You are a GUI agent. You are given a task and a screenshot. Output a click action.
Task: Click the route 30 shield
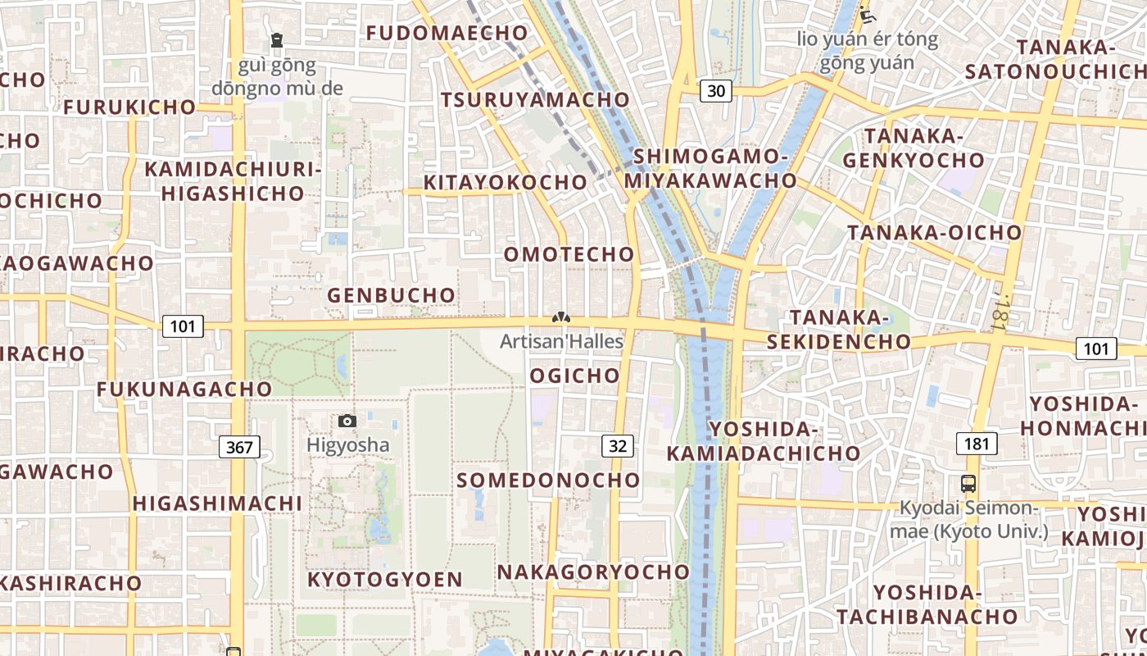(716, 91)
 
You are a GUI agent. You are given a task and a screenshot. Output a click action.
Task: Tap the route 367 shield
(239, 447)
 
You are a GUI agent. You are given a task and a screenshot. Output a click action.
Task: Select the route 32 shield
(618, 446)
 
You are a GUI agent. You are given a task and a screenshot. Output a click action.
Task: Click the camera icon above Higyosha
(347, 421)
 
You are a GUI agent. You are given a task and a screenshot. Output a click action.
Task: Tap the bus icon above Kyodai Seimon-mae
(968, 483)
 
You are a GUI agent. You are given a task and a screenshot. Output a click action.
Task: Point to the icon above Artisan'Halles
(561, 318)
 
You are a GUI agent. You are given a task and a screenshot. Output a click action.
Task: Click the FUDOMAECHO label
(447, 33)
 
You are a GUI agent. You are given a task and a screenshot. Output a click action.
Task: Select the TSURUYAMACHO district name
(536, 100)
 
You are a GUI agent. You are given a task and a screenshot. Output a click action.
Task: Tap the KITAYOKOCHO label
(505, 182)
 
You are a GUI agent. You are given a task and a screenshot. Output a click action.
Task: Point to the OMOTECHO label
(569, 254)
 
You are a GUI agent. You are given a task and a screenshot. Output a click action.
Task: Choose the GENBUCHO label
(392, 295)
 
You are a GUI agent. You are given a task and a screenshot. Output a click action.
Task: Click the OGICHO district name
(575, 376)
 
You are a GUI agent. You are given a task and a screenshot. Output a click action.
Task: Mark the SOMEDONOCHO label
(548, 481)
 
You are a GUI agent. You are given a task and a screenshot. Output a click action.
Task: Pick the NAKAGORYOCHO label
(594, 572)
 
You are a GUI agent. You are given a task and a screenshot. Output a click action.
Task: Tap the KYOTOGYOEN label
(385, 580)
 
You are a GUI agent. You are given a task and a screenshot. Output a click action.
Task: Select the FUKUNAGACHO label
(184, 389)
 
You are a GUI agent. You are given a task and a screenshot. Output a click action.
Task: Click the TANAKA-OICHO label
(935, 233)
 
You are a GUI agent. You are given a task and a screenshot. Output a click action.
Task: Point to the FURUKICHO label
(129, 107)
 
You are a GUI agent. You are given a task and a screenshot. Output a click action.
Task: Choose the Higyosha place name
(348, 445)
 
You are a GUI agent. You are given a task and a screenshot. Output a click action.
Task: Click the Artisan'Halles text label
(562, 341)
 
